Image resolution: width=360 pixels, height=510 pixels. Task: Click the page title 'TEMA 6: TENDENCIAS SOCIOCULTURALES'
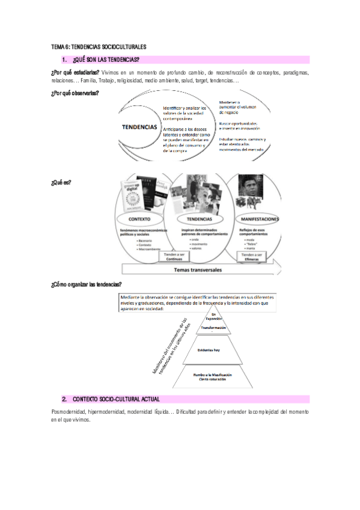99,47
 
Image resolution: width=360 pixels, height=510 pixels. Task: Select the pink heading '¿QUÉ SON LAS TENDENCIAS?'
106,60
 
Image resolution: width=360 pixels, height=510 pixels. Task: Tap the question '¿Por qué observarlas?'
75,94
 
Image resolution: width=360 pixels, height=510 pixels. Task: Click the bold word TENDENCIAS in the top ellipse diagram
139,127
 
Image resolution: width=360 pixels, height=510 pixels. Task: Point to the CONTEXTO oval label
139,220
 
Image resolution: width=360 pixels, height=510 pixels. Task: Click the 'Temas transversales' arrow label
198,270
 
